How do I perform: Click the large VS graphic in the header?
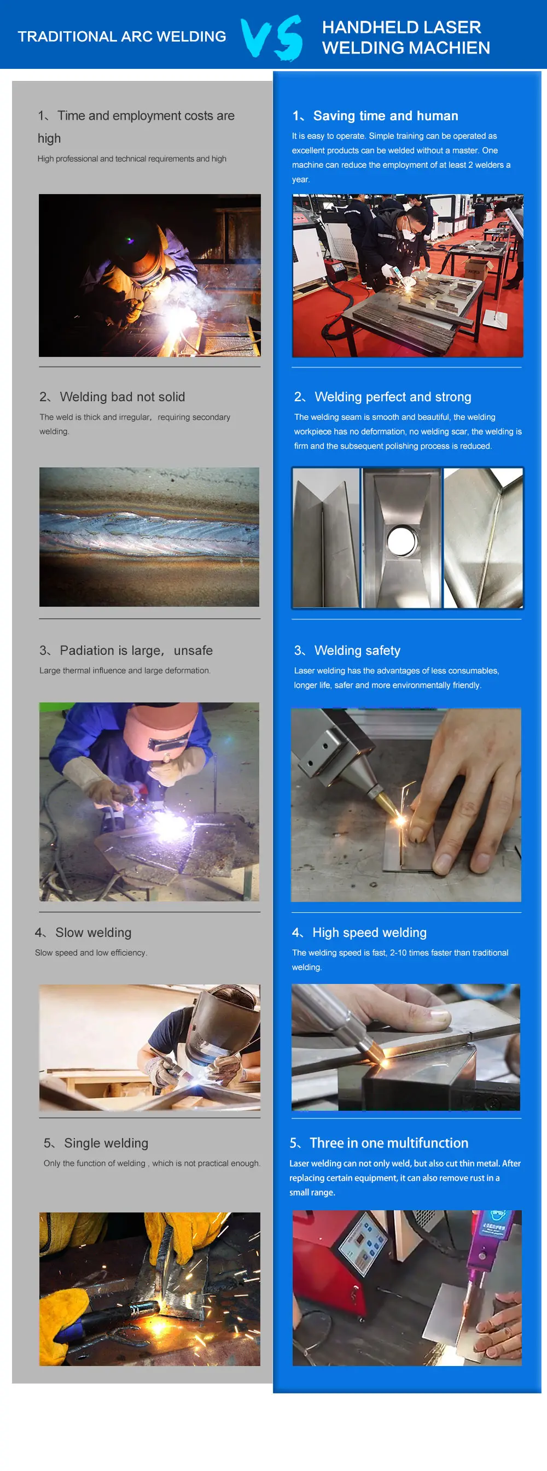click(x=271, y=37)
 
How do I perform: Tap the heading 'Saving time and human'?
click(x=385, y=116)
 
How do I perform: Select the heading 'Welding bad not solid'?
click(x=123, y=397)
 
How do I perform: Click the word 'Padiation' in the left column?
click(x=87, y=650)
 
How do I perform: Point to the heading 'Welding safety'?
click(x=357, y=650)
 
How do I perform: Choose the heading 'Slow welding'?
click(x=93, y=933)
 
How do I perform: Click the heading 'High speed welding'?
click(x=369, y=933)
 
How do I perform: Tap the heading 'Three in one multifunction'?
click(x=389, y=1142)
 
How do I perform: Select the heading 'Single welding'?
click(x=106, y=1142)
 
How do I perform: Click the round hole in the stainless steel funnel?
click(x=402, y=539)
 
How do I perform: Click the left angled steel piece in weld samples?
click(x=325, y=537)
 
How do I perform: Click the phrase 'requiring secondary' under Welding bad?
click(x=194, y=418)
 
